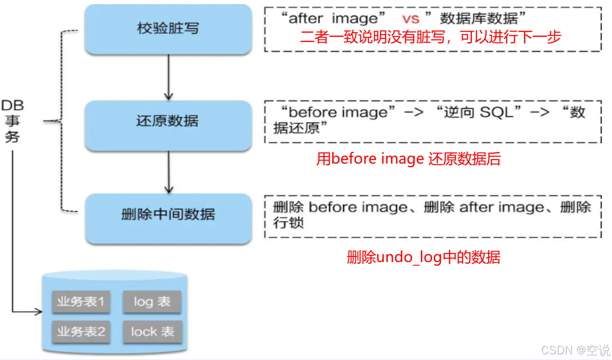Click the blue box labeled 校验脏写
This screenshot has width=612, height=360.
point(168,29)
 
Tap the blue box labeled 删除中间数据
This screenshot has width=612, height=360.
point(168,215)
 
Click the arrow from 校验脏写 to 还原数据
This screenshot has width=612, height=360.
point(168,76)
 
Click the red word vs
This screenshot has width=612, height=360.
point(411,19)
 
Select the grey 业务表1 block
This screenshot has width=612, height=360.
point(81,302)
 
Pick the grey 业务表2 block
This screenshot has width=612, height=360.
point(81,332)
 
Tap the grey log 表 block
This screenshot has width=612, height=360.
point(152,302)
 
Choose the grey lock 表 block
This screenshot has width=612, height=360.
point(152,332)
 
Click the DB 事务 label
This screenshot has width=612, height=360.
point(12,121)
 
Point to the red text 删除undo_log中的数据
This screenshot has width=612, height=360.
point(423,257)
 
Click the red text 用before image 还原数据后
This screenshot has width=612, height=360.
point(408,160)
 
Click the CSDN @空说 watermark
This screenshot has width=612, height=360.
point(575,350)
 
